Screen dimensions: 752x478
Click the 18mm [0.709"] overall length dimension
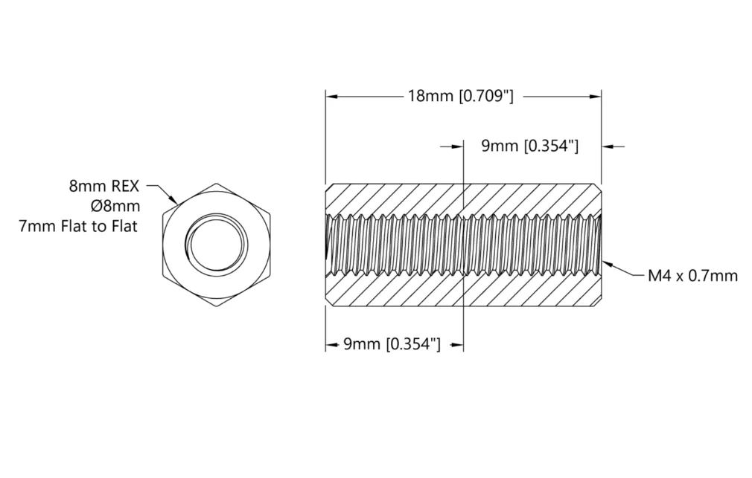(x=460, y=97)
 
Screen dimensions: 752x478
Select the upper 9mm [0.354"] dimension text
(x=530, y=146)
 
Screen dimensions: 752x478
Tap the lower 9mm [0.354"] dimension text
(x=392, y=344)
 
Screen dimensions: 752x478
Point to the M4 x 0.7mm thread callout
(x=692, y=275)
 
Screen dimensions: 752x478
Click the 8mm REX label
(x=104, y=186)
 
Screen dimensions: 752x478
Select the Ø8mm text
(x=115, y=206)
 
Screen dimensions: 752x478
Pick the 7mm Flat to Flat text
(x=78, y=226)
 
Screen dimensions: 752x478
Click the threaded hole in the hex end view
(x=217, y=245)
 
